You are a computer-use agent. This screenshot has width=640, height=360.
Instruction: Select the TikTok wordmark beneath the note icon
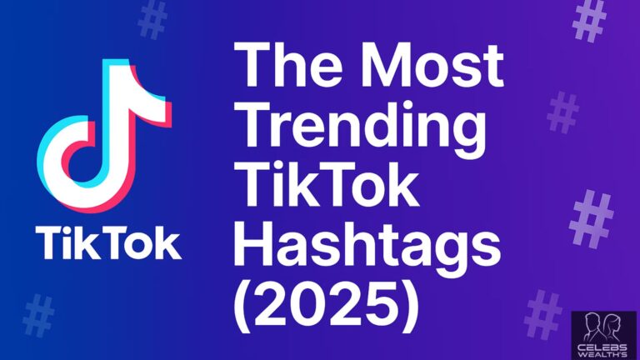pyautogui.click(x=107, y=242)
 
